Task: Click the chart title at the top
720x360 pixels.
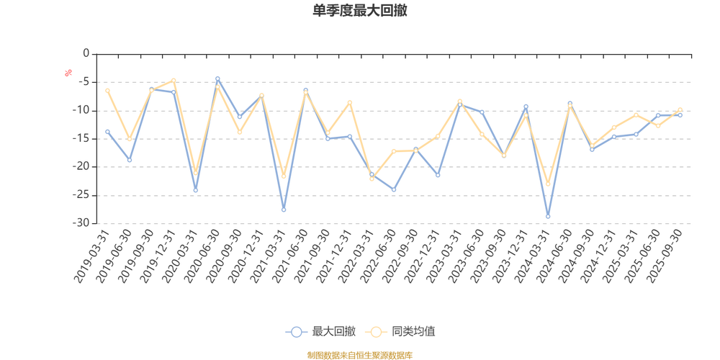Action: tap(361, 11)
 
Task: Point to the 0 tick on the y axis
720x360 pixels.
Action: tap(86, 54)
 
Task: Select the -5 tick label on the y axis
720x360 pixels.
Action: tap(84, 82)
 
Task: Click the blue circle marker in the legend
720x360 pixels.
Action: tap(295, 331)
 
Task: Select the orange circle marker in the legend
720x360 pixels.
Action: tap(375, 331)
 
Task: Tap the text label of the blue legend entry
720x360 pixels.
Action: tap(334, 331)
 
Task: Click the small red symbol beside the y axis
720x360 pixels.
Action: tap(68, 72)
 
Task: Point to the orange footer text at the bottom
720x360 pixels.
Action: tap(360, 354)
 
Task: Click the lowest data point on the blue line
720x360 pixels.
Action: tap(548, 216)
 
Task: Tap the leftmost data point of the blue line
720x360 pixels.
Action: tap(107, 131)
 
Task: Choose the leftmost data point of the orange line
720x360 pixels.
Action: tap(107, 90)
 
